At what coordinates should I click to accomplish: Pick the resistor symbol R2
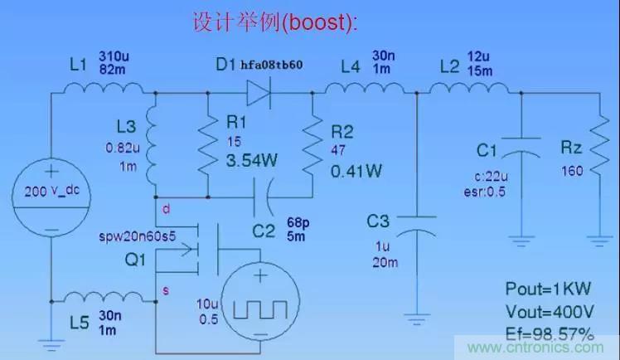click(x=312, y=144)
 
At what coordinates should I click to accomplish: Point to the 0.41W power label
click(x=356, y=172)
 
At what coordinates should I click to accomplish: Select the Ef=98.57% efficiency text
click(x=550, y=334)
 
